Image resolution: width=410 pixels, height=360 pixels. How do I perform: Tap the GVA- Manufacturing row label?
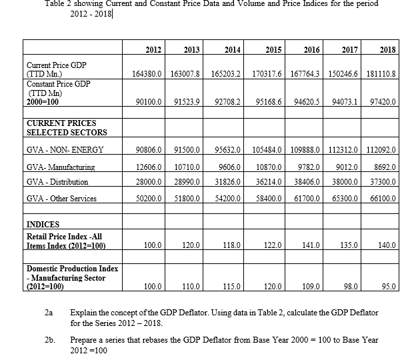[60, 167]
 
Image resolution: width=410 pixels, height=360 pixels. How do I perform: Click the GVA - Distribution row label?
[57, 181]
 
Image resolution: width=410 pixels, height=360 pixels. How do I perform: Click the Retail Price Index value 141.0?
[313, 245]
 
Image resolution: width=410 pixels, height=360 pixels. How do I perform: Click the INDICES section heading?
[43, 225]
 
